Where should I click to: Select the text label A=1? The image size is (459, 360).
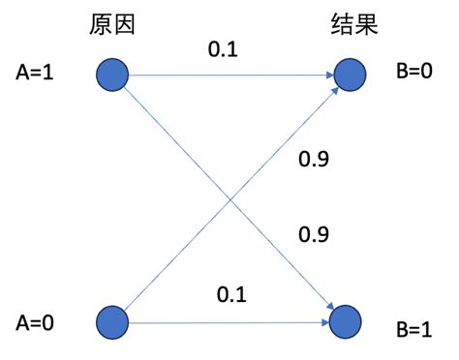(x=36, y=73)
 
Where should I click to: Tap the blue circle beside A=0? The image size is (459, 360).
(x=113, y=320)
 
